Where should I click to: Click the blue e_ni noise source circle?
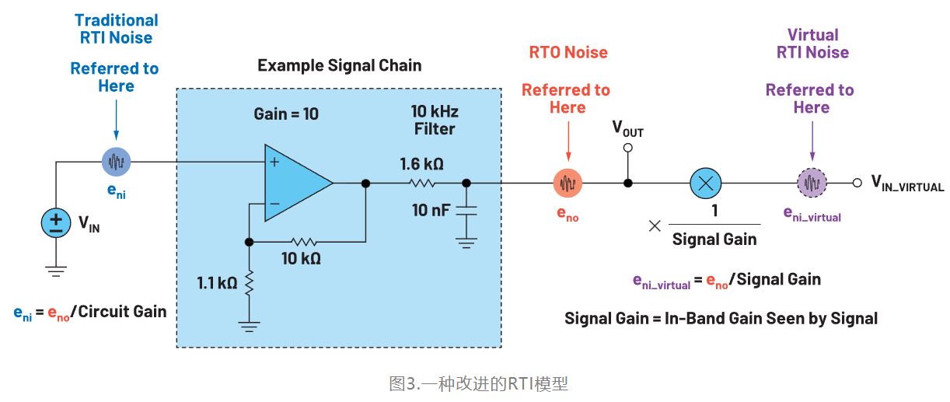point(117,163)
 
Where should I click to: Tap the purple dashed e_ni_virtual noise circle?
point(812,184)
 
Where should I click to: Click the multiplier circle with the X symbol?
point(706,184)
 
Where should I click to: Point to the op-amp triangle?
point(295,184)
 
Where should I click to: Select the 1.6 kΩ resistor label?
point(422,164)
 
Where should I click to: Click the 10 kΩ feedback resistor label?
point(301,258)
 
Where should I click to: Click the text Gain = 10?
point(286,114)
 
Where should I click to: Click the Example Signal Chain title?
point(339,65)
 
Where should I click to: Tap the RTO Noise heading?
point(568,53)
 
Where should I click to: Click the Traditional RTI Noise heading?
point(116,29)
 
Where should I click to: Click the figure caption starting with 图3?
point(478,384)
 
